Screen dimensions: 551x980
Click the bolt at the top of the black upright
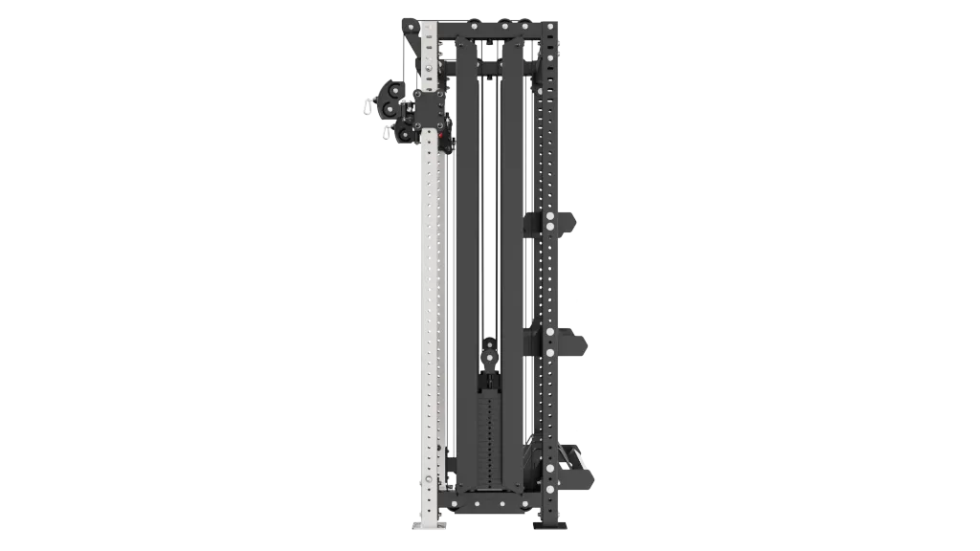550,38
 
